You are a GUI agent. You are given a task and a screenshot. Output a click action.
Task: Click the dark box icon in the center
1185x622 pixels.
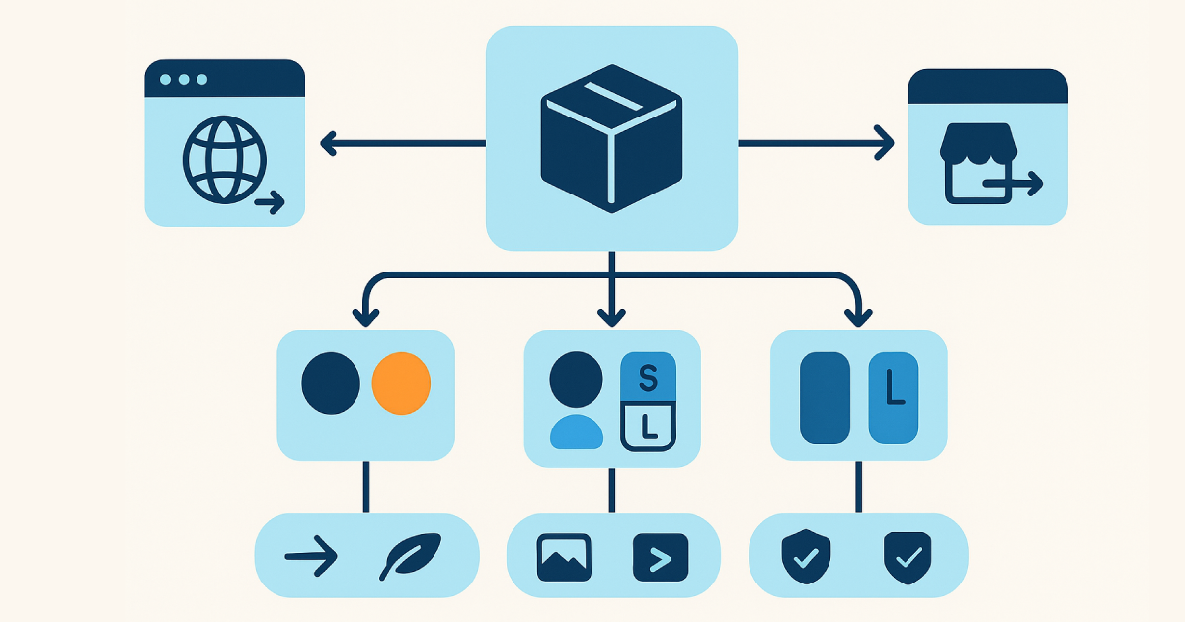pyautogui.click(x=611, y=138)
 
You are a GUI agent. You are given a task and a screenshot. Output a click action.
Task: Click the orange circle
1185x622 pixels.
pyautogui.click(x=401, y=383)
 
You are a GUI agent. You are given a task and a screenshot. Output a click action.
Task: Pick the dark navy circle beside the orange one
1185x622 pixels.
pyautogui.click(x=332, y=383)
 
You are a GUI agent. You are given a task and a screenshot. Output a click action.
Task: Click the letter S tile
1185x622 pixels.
pyautogui.click(x=648, y=376)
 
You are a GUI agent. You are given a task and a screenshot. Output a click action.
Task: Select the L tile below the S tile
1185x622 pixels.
pyautogui.click(x=648, y=427)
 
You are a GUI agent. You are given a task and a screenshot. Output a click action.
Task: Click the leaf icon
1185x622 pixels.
pyautogui.click(x=411, y=558)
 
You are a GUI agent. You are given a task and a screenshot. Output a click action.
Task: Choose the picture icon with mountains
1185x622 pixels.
pyautogui.click(x=564, y=558)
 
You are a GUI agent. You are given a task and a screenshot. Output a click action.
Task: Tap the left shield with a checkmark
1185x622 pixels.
pyautogui.click(x=806, y=555)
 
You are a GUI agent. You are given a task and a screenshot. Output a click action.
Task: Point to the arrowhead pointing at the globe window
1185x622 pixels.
pyautogui.click(x=330, y=144)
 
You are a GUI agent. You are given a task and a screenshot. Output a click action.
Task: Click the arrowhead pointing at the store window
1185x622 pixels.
pyautogui.click(x=885, y=144)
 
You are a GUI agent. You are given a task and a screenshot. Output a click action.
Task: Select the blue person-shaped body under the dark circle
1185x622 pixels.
pyautogui.click(x=576, y=431)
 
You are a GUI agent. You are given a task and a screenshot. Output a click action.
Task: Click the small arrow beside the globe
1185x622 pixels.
pyautogui.click(x=270, y=203)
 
